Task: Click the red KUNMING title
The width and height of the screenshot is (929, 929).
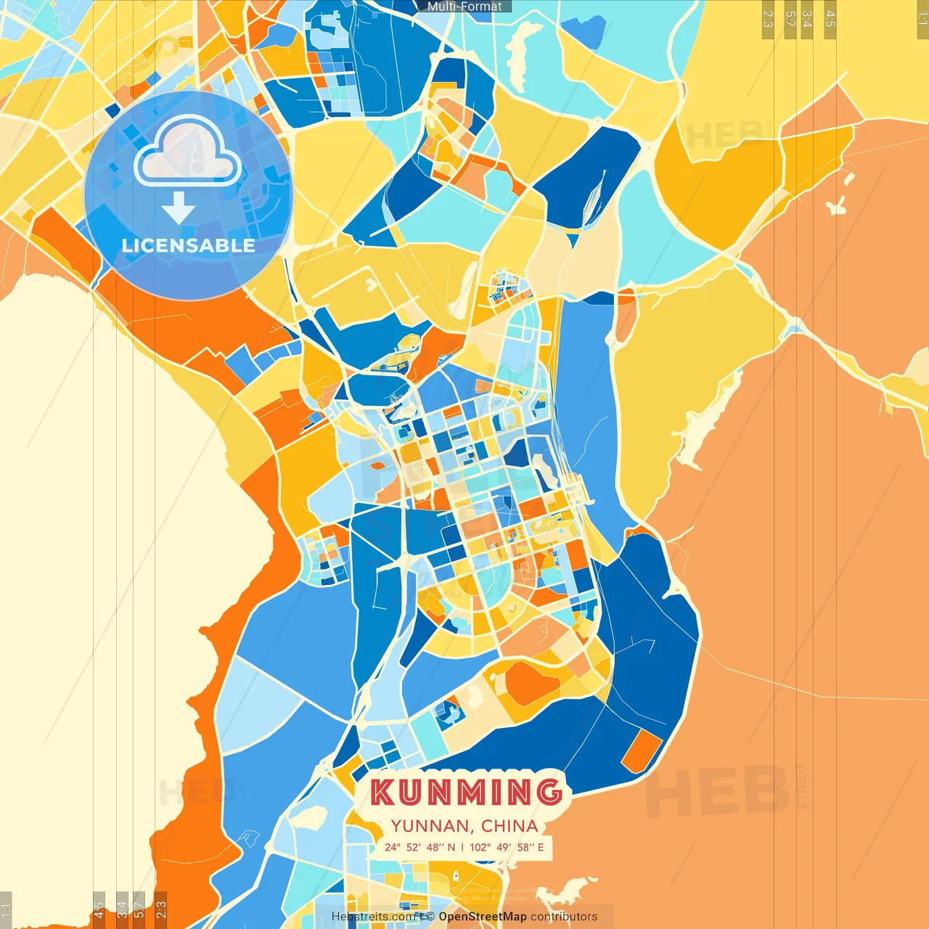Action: [466, 793]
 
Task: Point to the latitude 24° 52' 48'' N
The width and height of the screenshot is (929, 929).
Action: [420, 847]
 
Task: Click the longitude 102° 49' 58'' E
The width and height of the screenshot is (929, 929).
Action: [507, 847]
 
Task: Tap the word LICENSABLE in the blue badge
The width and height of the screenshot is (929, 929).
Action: [189, 246]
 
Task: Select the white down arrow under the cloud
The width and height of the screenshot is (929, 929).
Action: [179, 208]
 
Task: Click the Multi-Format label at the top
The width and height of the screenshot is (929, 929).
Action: [464, 7]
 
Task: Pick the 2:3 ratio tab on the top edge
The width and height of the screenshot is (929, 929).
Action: [768, 19]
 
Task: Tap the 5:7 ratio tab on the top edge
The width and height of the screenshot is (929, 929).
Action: [790, 19]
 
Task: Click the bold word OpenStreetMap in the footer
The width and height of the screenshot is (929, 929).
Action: [483, 917]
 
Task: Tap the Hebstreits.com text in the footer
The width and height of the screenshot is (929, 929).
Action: [373, 917]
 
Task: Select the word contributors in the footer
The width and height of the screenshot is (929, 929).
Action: [564, 917]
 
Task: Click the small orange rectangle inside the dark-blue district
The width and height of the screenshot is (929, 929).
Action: [642, 751]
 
